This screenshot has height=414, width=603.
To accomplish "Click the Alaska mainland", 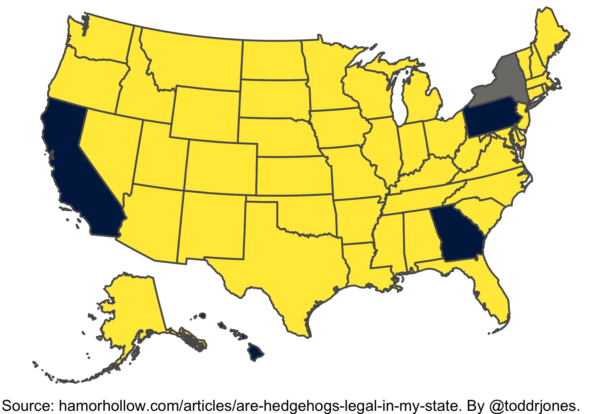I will (x=132, y=307).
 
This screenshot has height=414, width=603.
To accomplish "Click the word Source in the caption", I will (x=28, y=406).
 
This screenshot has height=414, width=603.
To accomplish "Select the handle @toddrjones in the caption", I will (x=534, y=406).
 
